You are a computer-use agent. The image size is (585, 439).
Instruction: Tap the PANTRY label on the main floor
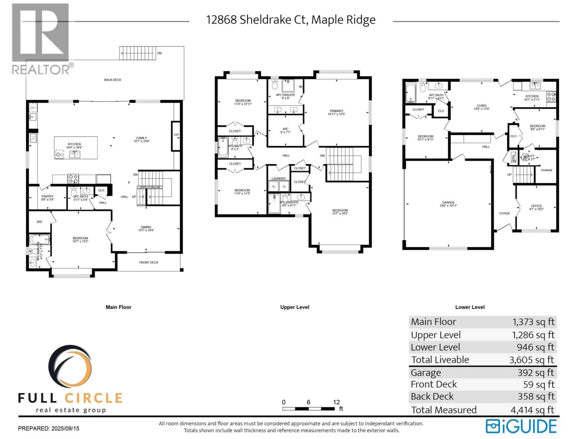click(47, 196)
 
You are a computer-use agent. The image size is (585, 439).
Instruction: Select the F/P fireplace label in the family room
click(176, 135)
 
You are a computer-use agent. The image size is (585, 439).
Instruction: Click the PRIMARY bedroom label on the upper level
click(336, 111)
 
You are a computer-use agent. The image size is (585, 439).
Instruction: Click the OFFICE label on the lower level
click(536, 206)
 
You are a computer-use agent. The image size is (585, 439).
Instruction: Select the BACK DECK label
click(113, 80)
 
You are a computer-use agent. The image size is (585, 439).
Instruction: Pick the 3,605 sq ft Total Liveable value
click(532, 360)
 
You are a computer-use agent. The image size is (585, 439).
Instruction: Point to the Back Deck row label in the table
click(432, 396)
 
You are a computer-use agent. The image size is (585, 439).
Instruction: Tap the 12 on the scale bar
click(336, 402)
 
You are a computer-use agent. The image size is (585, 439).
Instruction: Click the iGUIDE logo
click(521, 426)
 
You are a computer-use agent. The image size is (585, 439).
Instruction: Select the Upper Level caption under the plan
click(295, 307)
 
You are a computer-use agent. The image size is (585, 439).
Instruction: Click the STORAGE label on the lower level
click(546, 170)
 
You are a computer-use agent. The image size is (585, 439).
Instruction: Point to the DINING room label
click(146, 227)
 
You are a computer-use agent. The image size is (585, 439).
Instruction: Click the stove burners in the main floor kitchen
click(73, 179)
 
